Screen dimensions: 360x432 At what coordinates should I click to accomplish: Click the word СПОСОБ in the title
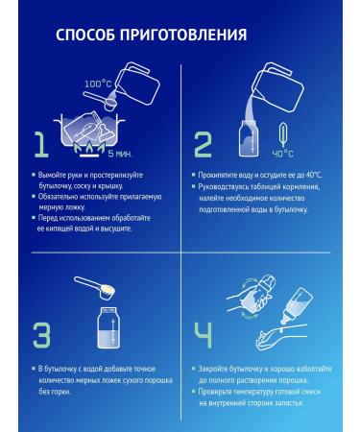[85, 35]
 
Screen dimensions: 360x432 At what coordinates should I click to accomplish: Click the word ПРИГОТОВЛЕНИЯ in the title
[183, 35]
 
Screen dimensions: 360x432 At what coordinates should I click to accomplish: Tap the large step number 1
[42, 145]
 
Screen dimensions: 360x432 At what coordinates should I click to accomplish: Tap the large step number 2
[203, 145]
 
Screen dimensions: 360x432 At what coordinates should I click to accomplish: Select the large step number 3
[41, 335]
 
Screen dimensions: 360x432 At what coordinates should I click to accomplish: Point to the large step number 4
[204, 335]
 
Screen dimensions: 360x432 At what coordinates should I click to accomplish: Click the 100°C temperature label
[98, 84]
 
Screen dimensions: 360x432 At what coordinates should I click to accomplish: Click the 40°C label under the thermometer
[282, 154]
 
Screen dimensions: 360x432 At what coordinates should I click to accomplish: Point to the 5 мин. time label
[120, 154]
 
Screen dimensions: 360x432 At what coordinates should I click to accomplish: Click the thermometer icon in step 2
[283, 135]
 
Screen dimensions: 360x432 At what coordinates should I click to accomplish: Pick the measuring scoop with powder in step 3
[95, 288]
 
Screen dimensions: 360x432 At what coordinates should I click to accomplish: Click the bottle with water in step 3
[109, 327]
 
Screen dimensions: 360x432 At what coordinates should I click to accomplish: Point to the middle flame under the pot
[88, 147]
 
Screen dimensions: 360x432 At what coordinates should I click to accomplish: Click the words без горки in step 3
[55, 392]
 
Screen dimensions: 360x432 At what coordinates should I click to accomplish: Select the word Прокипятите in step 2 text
[218, 175]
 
